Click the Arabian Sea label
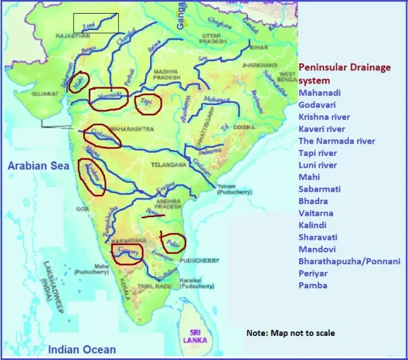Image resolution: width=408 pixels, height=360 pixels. [39, 166]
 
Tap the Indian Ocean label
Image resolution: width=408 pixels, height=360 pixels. [82, 350]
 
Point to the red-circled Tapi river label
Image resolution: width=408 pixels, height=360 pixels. [148, 102]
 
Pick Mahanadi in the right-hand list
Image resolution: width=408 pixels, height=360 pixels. [319, 93]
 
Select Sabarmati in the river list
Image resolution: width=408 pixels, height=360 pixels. [321, 189]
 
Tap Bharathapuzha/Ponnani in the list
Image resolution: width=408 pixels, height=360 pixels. [349, 261]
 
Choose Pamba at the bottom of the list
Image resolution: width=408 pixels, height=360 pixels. [313, 285]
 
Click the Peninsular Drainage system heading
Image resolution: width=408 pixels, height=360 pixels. [351, 74]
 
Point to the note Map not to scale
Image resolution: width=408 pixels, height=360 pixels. [290, 333]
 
